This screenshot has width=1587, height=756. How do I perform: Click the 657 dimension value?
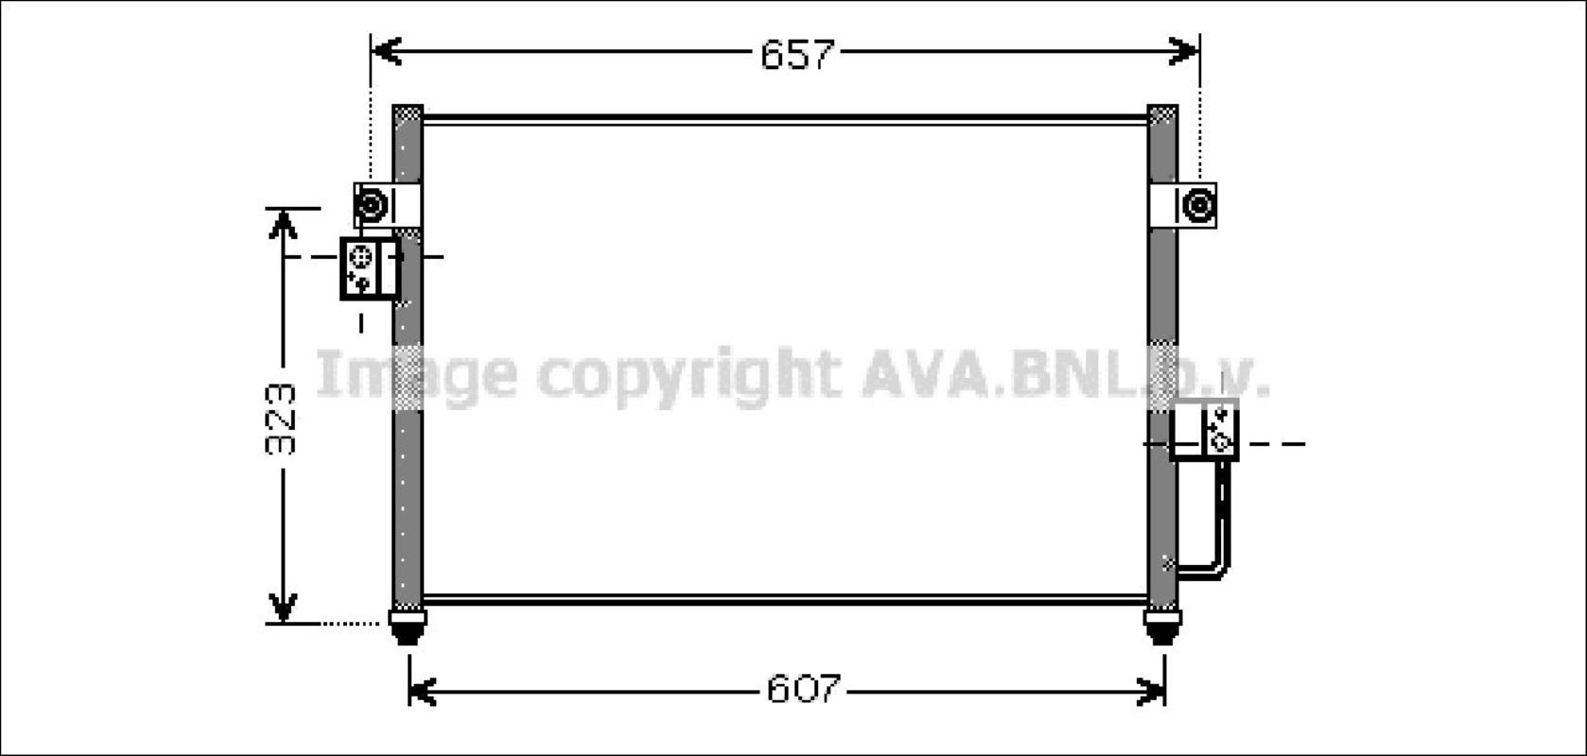click(797, 54)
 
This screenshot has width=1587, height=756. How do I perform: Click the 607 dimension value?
click(803, 688)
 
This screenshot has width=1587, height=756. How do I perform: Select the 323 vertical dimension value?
click(281, 419)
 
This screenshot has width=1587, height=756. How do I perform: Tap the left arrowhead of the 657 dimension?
click(387, 51)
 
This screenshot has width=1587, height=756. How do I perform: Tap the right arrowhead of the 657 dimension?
click(1184, 51)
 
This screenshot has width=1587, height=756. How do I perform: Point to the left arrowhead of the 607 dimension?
click(423, 692)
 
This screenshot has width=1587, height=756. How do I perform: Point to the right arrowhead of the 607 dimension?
click(1151, 692)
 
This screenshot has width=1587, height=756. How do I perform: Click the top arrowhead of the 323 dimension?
click(283, 224)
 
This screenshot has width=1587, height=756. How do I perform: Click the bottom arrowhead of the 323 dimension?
click(283, 609)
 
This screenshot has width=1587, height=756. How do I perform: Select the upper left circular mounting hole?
click(371, 205)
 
